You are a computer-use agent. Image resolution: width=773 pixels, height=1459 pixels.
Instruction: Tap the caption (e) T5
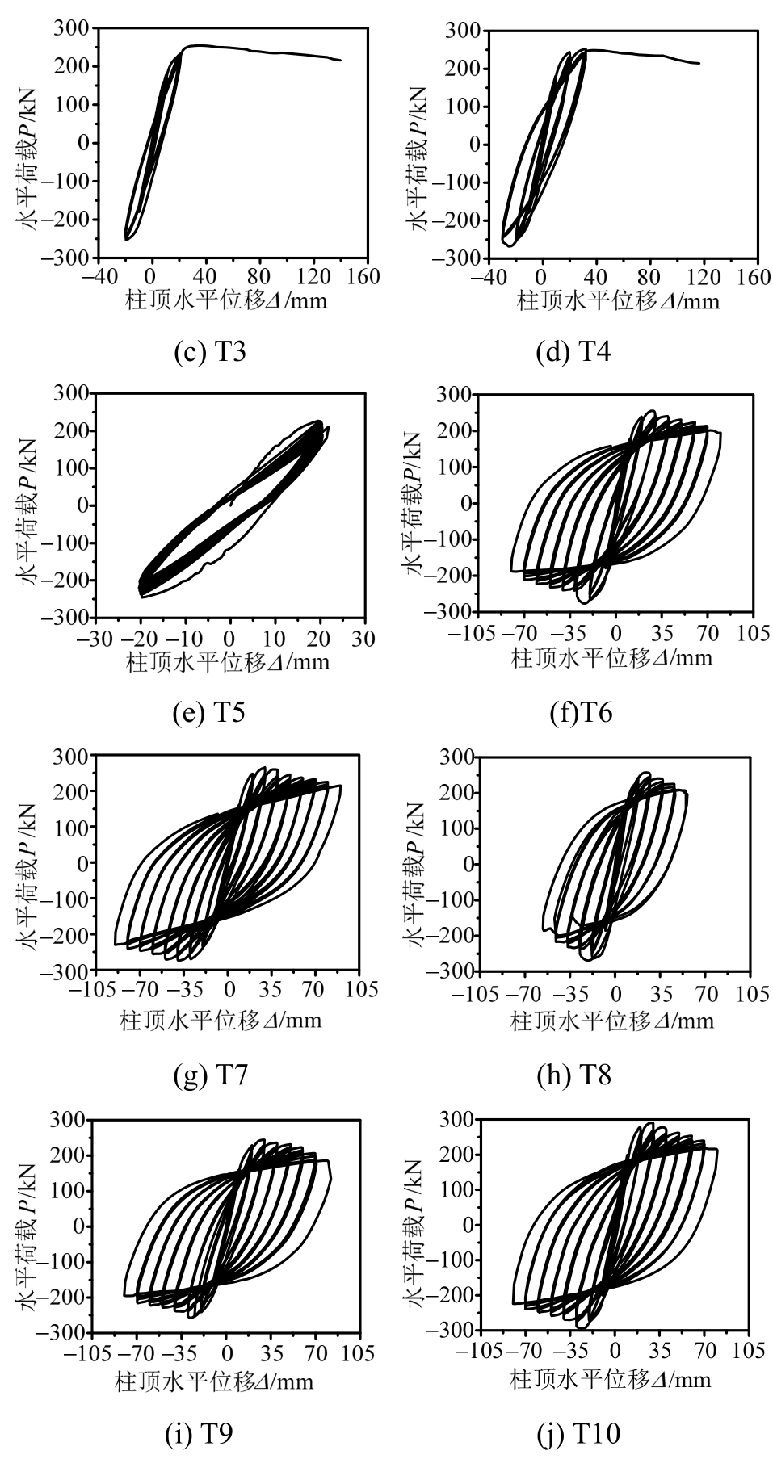click(x=209, y=713)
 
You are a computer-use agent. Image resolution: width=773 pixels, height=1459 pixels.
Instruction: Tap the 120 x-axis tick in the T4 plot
click(x=704, y=278)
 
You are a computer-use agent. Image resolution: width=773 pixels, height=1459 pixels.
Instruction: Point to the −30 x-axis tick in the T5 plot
click(x=95, y=638)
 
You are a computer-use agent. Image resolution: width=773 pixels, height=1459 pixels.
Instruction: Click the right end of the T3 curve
click(x=341, y=60)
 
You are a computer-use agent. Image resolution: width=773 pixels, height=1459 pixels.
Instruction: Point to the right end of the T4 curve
click(x=699, y=64)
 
